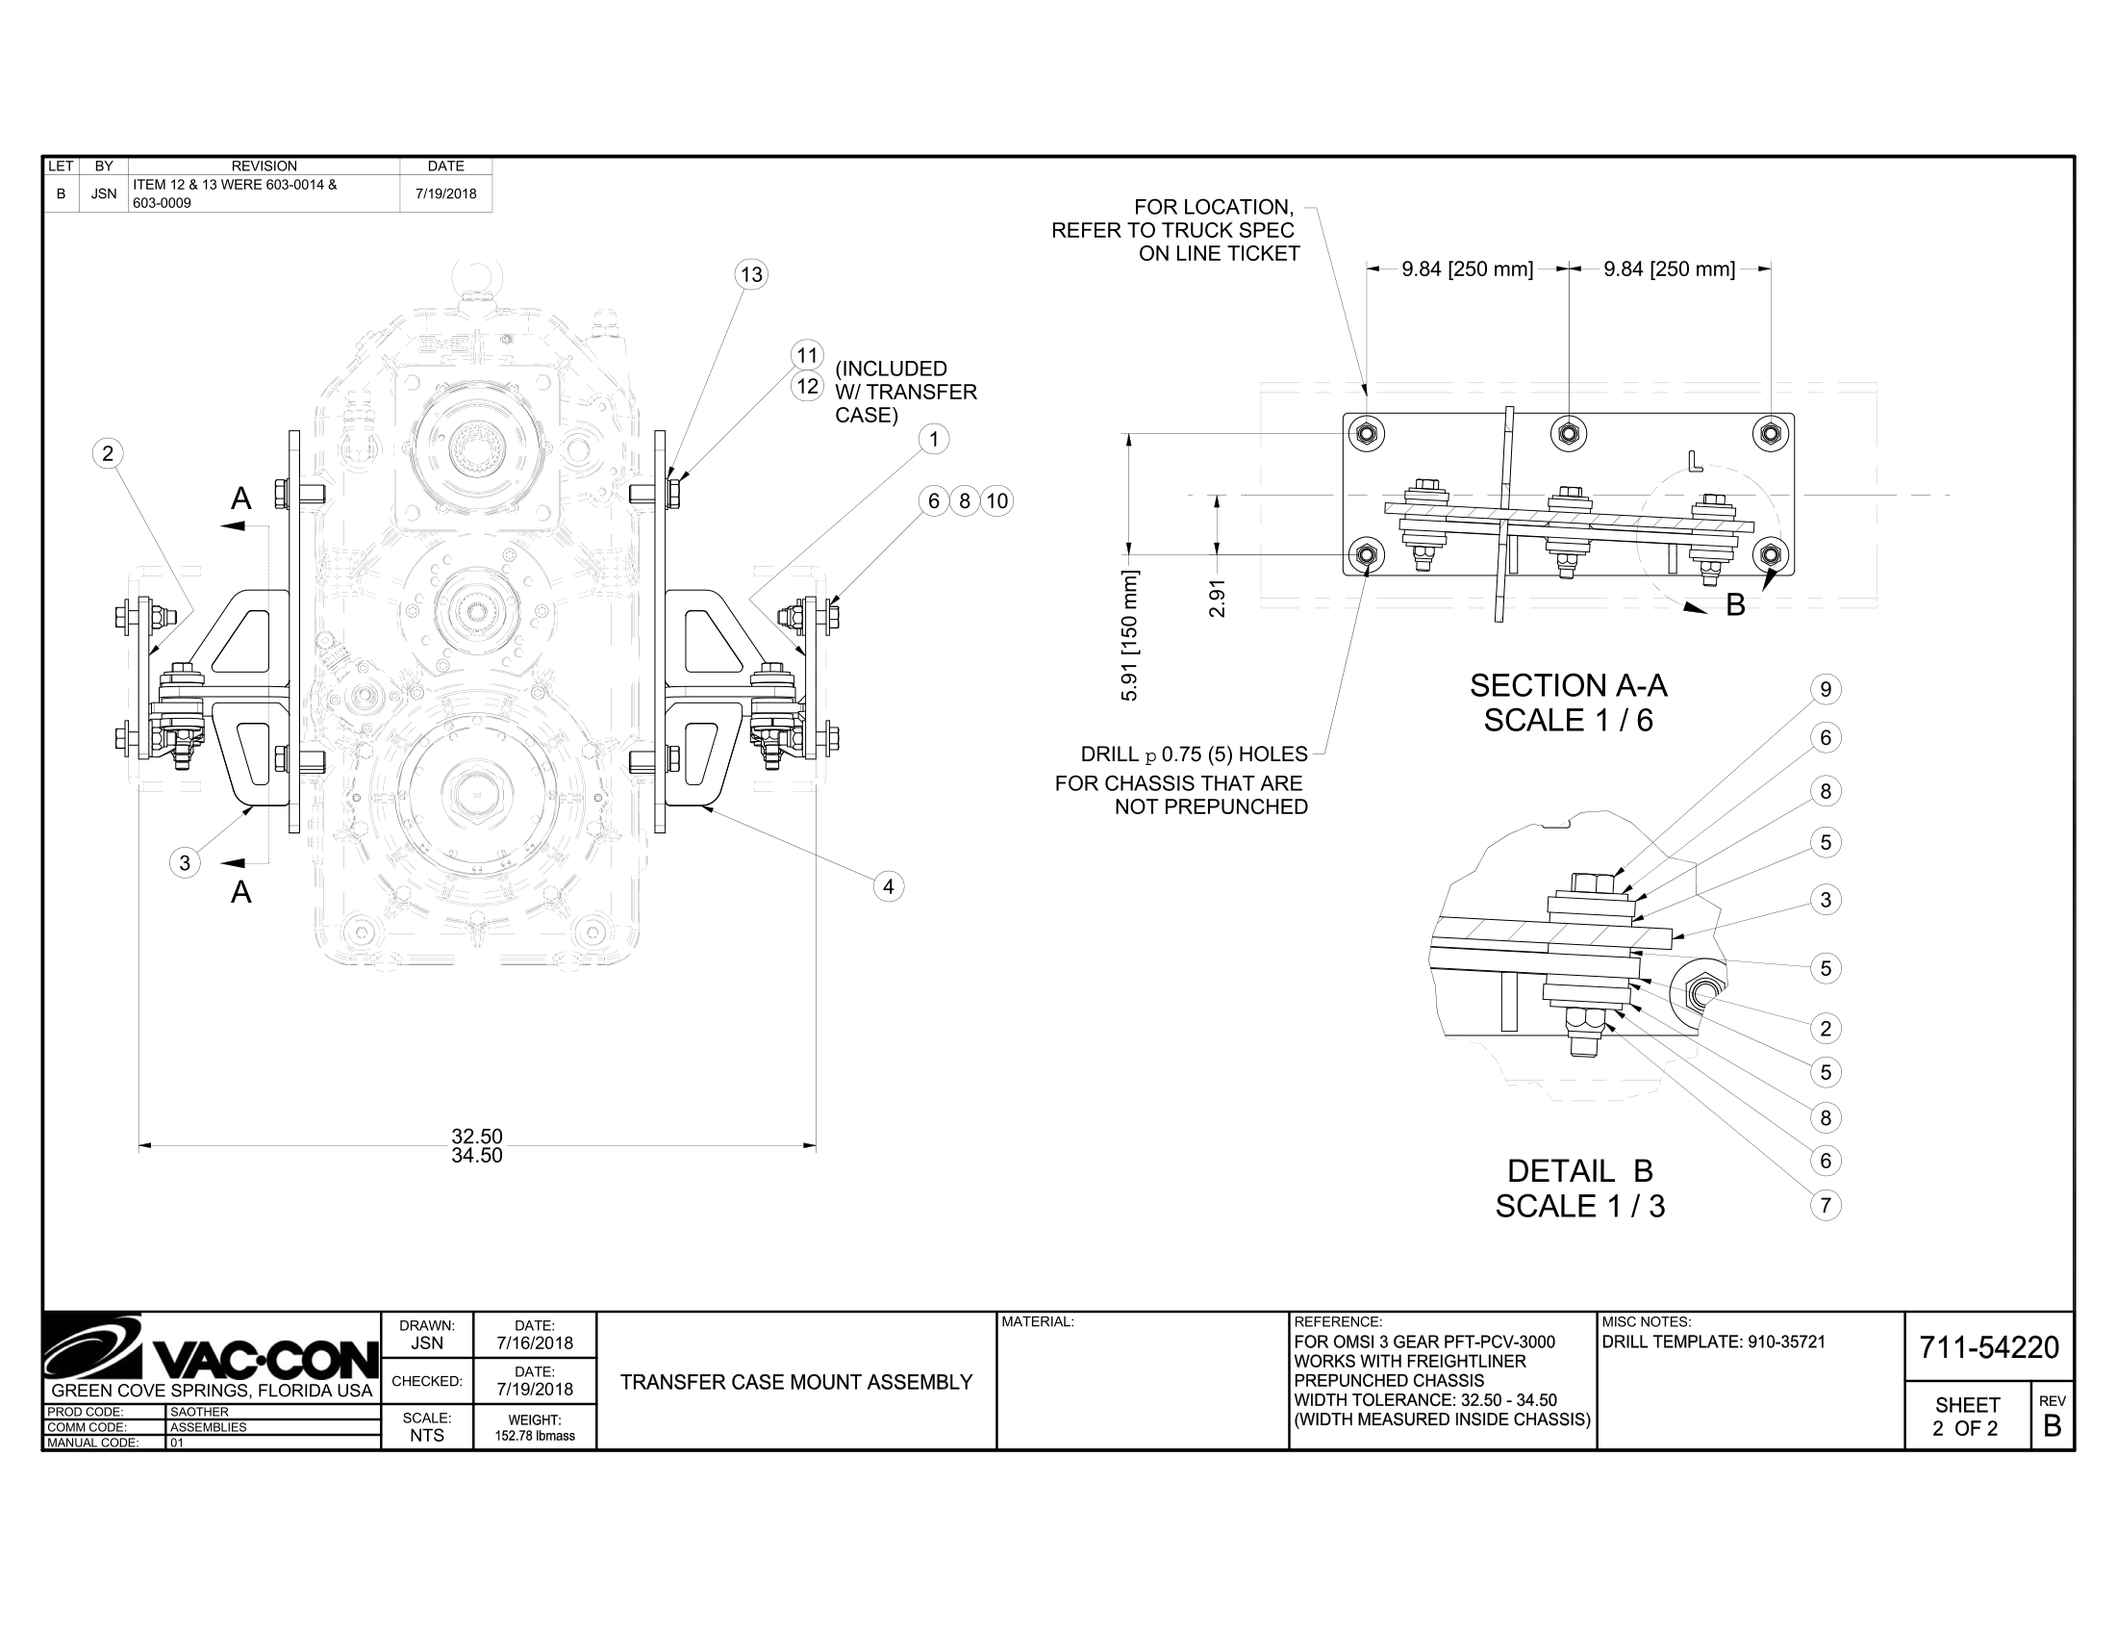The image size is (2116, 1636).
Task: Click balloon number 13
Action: [751, 274]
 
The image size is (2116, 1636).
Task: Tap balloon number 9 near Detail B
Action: [1826, 689]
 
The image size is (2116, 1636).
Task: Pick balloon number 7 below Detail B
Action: [1826, 1206]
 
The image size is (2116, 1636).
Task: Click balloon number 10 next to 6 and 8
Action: [997, 501]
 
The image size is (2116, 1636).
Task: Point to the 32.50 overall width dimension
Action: [477, 1136]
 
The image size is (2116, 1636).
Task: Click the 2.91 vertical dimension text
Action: [1218, 598]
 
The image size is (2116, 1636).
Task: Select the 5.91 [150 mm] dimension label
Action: [1130, 636]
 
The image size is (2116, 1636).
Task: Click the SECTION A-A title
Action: [1568, 685]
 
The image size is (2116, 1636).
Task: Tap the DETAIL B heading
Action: [1579, 1171]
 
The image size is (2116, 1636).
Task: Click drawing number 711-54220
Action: [1988, 1347]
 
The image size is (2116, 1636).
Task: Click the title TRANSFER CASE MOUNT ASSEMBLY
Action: [795, 1382]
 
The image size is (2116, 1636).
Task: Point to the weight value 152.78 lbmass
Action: [534, 1436]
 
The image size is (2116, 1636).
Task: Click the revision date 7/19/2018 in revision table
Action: [445, 193]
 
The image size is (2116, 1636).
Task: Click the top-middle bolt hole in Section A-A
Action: [1568, 433]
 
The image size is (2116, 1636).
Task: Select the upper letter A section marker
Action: [241, 499]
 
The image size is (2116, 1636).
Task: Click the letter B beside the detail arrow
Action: [1735, 604]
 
